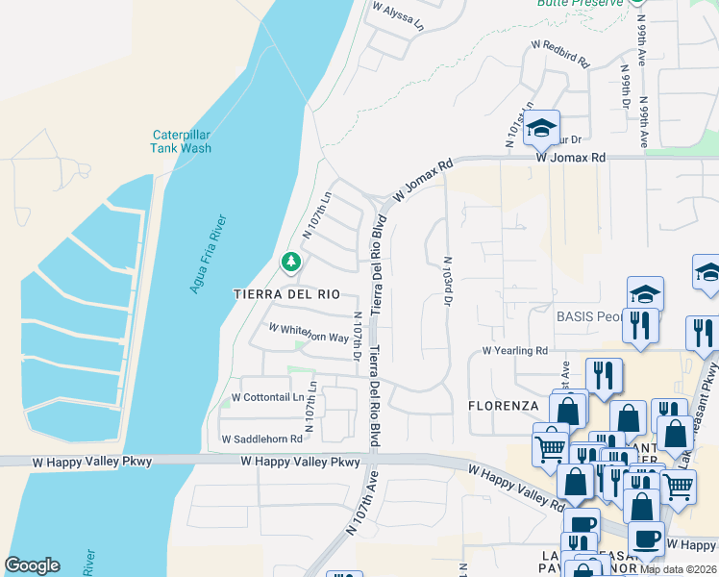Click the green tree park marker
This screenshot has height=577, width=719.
289,262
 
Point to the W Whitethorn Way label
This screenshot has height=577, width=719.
308,333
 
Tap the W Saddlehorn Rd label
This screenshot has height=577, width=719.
261,439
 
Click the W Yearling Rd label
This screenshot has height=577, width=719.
514,351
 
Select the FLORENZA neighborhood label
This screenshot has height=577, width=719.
503,406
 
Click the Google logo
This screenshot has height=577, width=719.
32,565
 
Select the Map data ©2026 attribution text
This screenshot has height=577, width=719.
678,569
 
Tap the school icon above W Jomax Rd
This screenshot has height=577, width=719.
541,127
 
